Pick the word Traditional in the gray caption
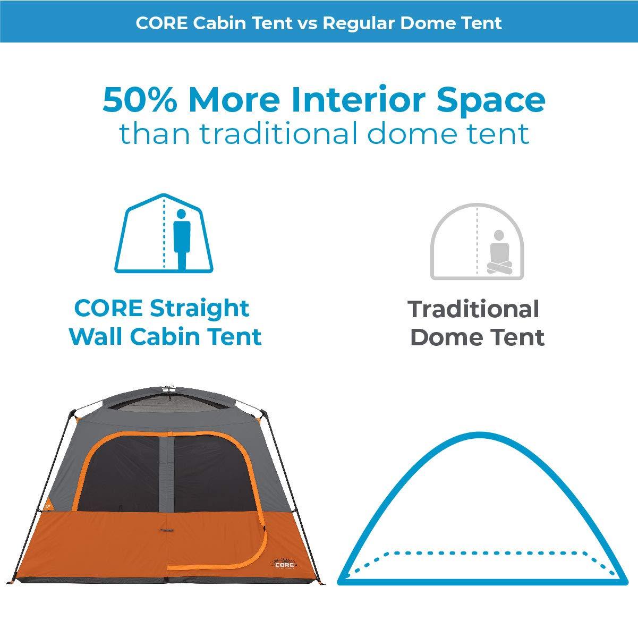474,309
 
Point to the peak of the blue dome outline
479,433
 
